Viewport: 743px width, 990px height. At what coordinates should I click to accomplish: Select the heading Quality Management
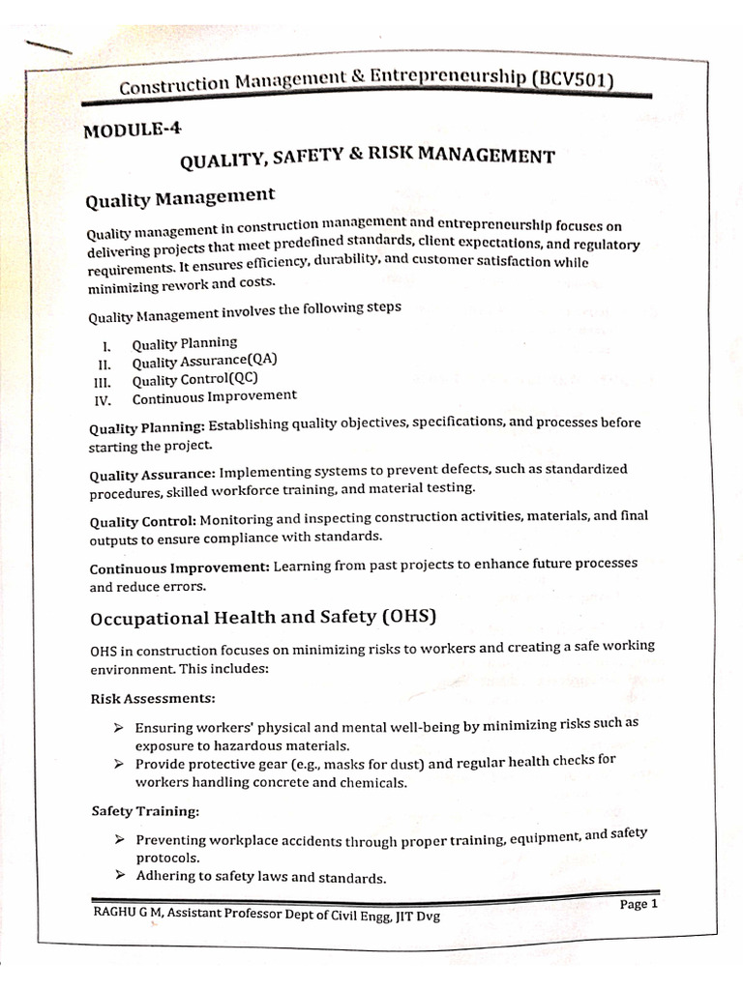[x=181, y=198]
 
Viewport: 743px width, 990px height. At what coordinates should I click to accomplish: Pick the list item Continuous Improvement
[x=215, y=396]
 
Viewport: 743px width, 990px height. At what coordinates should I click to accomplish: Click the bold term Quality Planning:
[x=146, y=426]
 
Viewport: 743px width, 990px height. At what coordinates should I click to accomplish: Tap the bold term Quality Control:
[x=142, y=521]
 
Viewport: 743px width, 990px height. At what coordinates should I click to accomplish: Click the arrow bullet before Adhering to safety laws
[x=117, y=877]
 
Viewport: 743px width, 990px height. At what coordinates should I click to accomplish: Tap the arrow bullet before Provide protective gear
[x=117, y=764]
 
